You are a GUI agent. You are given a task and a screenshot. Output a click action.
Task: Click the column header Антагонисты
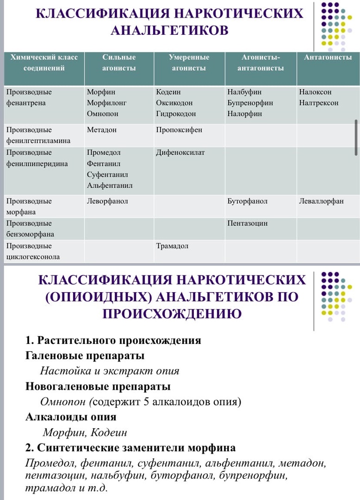point(328,57)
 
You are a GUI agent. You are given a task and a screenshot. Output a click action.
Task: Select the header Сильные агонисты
point(119,62)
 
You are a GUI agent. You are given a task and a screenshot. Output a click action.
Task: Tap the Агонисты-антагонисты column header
point(261,62)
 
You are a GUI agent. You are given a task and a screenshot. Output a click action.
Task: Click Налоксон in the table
point(315,92)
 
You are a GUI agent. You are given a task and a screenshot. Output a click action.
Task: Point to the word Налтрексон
point(319,103)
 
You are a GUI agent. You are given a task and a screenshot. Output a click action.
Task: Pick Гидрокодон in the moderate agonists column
point(176,113)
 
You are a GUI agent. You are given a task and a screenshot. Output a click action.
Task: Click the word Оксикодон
point(174,103)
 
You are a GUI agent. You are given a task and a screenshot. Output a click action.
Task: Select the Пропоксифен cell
point(179,130)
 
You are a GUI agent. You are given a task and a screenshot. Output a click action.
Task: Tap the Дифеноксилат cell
point(180,152)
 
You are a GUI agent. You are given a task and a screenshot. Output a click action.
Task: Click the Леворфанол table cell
point(107,201)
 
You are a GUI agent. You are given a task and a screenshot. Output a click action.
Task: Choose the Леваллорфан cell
point(321,201)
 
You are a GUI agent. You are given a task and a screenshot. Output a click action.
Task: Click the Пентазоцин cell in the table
point(248,224)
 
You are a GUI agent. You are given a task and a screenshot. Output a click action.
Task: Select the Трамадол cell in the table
point(172,246)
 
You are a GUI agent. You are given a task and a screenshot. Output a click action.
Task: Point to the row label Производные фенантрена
point(29,97)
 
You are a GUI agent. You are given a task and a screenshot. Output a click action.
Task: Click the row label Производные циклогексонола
point(33,251)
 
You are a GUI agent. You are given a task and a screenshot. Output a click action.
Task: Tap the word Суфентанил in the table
point(107,175)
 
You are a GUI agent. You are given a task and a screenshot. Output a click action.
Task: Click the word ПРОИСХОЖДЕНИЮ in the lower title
point(172,314)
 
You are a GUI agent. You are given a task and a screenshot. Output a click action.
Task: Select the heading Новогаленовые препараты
point(98,386)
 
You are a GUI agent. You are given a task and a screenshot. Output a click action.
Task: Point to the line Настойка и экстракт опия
point(110,371)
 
